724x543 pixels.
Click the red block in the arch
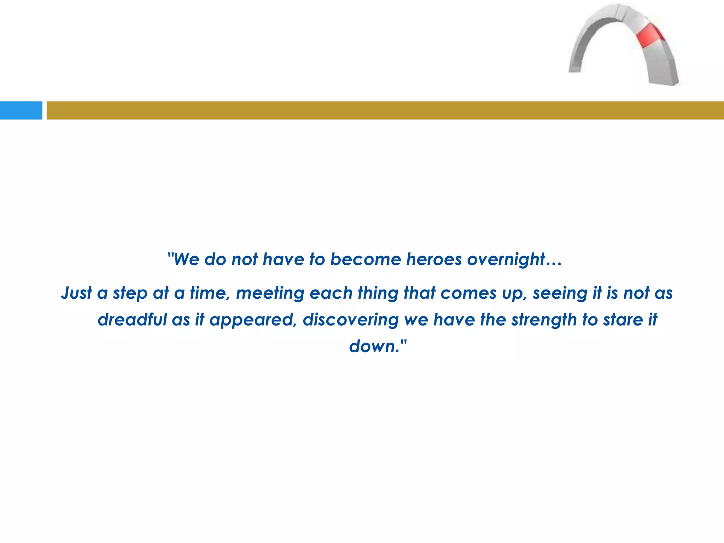coord(650,35)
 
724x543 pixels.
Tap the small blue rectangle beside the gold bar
coord(21,110)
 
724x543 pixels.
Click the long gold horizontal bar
coord(385,110)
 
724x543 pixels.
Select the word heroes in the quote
coord(434,259)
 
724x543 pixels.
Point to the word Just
coord(76,293)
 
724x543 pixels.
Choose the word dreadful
coord(132,320)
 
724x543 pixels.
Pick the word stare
coord(620,320)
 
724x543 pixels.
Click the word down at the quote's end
coord(374,346)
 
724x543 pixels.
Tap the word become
coord(365,259)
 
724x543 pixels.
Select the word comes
coord(468,293)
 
